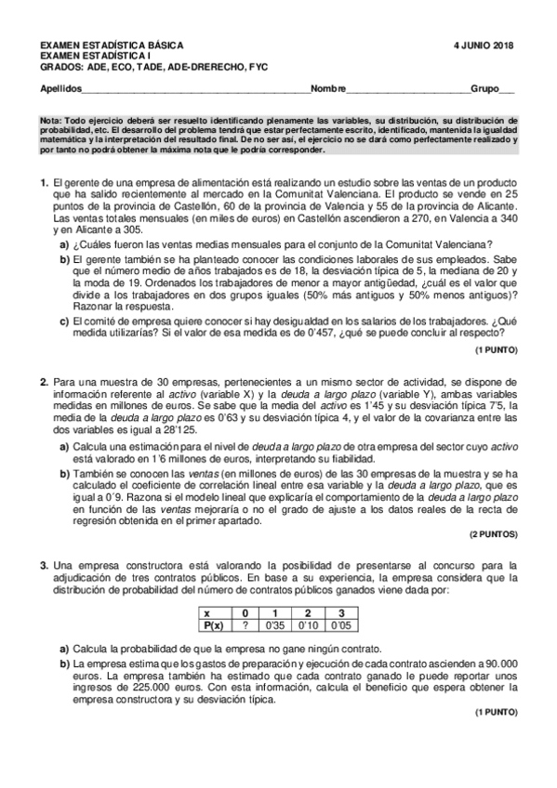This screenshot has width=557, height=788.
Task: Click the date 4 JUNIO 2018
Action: point(484,46)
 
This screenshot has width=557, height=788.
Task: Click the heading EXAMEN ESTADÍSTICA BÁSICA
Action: point(112,46)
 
